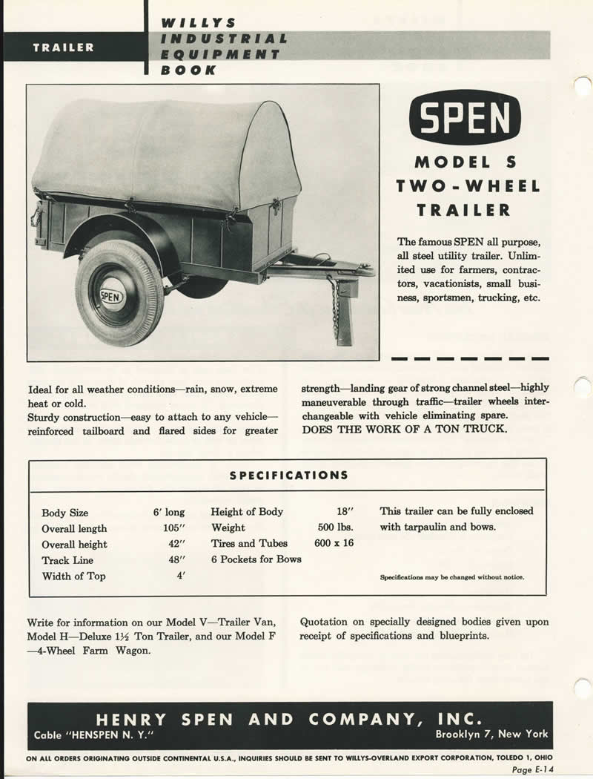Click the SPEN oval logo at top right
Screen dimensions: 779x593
(x=465, y=116)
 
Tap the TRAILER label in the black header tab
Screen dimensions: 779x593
(x=63, y=47)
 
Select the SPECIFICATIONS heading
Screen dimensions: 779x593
(x=288, y=475)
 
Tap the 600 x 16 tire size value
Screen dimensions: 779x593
(x=334, y=543)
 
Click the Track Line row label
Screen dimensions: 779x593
(x=67, y=560)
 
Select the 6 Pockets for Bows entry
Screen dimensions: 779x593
(x=256, y=559)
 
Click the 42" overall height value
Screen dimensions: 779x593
(x=175, y=545)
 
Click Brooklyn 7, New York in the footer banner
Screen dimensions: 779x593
(x=491, y=734)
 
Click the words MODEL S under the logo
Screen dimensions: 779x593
(x=465, y=162)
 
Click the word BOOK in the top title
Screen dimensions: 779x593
(x=188, y=70)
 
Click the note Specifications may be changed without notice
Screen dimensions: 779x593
(x=451, y=577)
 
